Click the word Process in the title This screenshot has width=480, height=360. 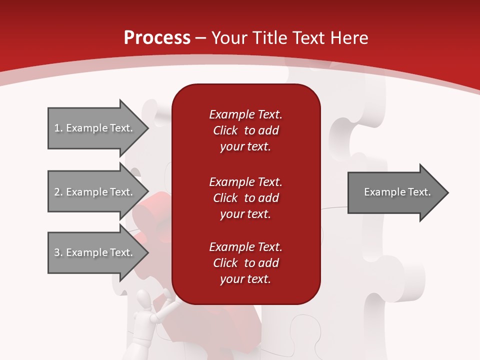pyautogui.click(x=157, y=38)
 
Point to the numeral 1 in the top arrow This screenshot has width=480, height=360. pyautogui.click(x=57, y=128)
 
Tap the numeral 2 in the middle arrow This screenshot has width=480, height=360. pyautogui.click(x=57, y=192)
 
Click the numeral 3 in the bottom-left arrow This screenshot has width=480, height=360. pyautogui.click(x=57, y=252)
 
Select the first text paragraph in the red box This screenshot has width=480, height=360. pyautogui.click(x=245, y=130)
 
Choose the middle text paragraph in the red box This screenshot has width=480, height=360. pyautogui.click(x=245, y=198)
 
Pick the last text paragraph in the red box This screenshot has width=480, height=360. pyautogui.click(x=245, y=263)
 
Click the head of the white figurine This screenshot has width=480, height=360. pyautogui.click(x=144, y=300)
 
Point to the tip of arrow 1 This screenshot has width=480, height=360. pyautogui.click(x=147, y=128)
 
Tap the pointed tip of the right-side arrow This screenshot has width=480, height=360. pyautogui.click(x=447, y=192)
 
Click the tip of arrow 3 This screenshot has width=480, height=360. pyautogui.click(x=147, y=252)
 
